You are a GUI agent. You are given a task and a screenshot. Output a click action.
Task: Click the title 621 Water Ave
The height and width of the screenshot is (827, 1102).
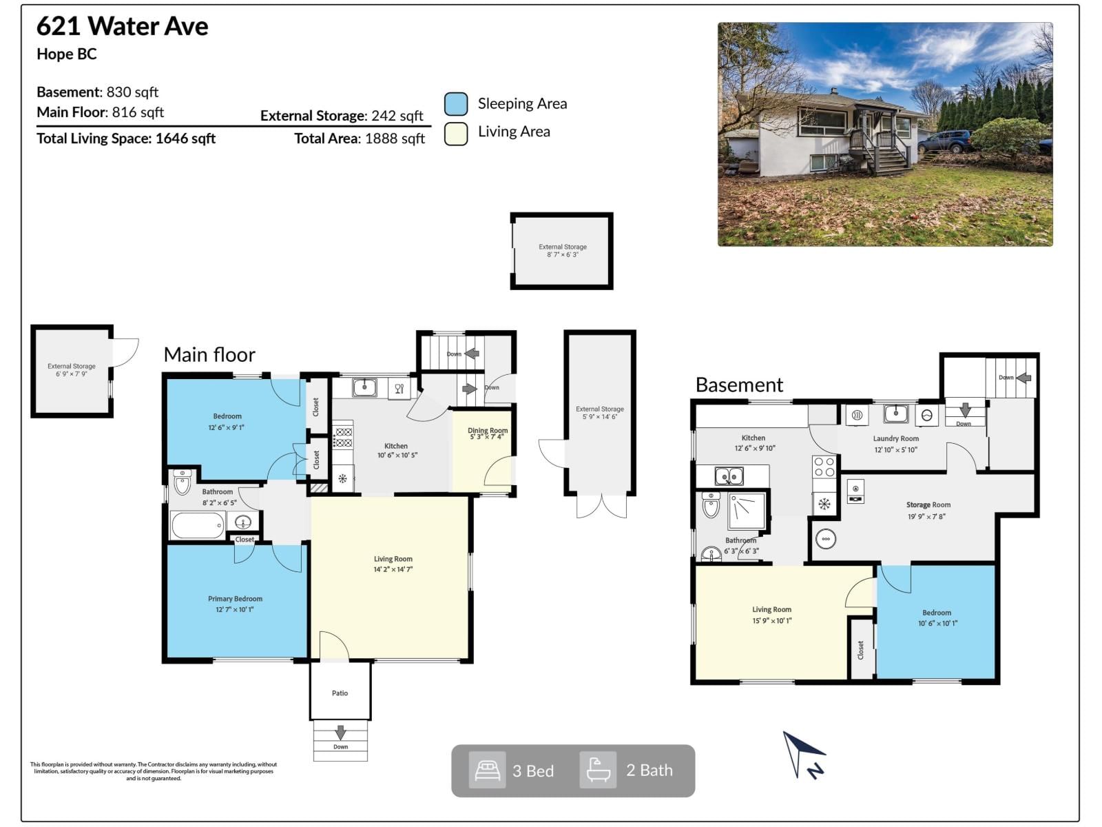pyautogui.click(x=122, y=26)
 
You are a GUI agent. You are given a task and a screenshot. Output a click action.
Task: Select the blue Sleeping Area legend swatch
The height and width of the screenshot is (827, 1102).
pyautogui.click(x=455, y=104)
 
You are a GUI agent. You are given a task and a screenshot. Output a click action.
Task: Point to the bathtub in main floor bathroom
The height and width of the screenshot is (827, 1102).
pyautogui.click(x=198, y=525)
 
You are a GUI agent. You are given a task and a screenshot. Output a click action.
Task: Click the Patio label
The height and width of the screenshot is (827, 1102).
pyautogui.click(x=340, y=693)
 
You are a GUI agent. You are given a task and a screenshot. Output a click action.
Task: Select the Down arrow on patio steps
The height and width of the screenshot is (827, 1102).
pyautogui.click(x=340, y=733)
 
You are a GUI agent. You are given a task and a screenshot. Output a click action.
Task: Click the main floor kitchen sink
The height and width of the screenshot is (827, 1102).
pyautogui.click(x=364, y=387)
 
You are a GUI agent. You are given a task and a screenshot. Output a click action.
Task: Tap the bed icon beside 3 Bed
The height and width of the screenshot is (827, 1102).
pyautogui.click(x=487, y=770)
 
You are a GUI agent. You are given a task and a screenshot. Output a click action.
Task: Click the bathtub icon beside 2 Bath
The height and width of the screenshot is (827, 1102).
pyautogui.click(x=598, y=770)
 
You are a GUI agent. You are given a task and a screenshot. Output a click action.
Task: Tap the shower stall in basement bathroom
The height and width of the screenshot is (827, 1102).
pyautogui.click(x=747, y=511)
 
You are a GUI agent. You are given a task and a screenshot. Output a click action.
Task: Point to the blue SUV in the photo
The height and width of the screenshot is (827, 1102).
pyautogui.click(x=944, y=141)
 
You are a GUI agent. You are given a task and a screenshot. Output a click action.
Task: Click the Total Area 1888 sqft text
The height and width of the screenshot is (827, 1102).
pyautogui.click(x=359, y=139)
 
